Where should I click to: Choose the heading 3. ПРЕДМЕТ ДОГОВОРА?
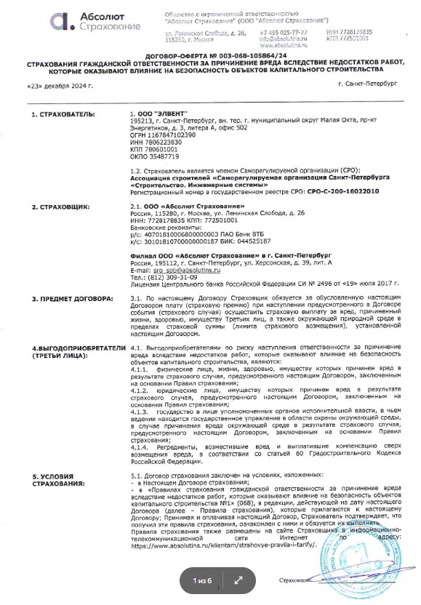(72, 299)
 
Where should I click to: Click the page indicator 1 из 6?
(201, 580)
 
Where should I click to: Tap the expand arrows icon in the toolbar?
(238, 580)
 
